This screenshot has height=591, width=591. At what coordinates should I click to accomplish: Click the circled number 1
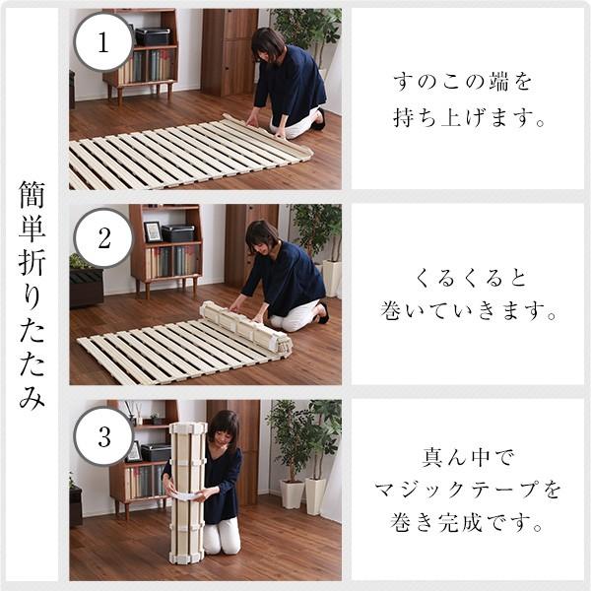click(x=103, y=42)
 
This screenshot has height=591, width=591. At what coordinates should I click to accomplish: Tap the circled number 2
click(x=103, y=237)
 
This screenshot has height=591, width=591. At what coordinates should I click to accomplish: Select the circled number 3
click(x=103, y=433)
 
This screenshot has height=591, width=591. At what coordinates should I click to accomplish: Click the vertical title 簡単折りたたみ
click(x=32, y=295)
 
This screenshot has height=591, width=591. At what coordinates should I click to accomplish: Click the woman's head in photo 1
click(x=268, y=44)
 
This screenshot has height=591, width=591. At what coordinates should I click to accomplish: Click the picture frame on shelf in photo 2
click(x=153, y=232)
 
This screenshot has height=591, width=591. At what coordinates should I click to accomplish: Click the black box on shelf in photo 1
click(x=153, y=36)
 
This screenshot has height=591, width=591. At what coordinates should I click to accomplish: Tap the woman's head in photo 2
click(x=262, y=236)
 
